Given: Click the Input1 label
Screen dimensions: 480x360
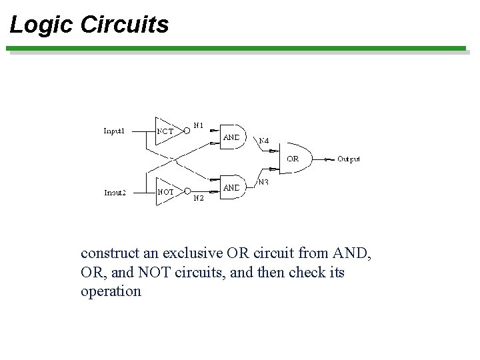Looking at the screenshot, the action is [114, 131].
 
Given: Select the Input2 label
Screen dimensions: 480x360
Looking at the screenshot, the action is [115, 193].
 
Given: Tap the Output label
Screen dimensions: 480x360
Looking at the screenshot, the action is [348, 159].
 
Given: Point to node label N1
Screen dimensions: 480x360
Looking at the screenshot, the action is [199, 125].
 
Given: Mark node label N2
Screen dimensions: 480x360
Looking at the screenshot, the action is [199, 198].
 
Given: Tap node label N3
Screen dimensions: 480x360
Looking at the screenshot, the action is [264, 181].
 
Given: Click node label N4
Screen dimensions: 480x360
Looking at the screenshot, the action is [264, 141].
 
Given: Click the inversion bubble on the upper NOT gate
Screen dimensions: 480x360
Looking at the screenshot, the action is [187, 131].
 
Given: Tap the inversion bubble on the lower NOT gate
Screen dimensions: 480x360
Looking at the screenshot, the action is [187, 192].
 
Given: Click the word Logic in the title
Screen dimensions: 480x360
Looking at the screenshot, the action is [41, 25].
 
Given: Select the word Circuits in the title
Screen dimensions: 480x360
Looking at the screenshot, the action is [124, 25].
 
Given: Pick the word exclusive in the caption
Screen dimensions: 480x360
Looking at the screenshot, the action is [191, 253].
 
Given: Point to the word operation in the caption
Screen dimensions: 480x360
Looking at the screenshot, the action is [111, 291].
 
